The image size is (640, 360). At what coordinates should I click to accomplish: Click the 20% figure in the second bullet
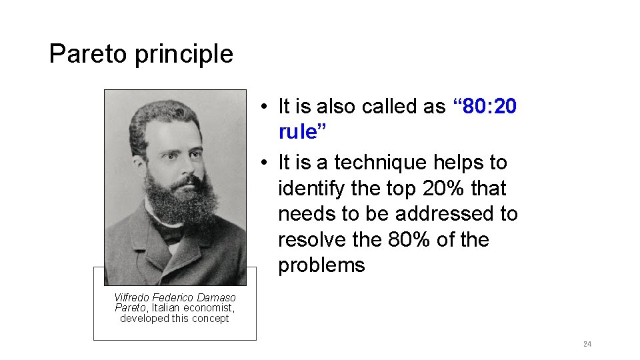[x=444, y=189]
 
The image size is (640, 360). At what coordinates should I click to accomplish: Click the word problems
[x=321, y=265]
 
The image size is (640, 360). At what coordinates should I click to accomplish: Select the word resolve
[x=311, y=239]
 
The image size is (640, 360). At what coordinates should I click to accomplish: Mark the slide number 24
[x=587, y=344]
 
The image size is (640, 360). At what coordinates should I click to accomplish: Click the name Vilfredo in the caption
[x=131, y=297]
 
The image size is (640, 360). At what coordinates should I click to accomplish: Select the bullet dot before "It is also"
[x=265, y=107]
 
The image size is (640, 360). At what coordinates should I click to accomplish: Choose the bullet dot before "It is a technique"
[x=265, y=163]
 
